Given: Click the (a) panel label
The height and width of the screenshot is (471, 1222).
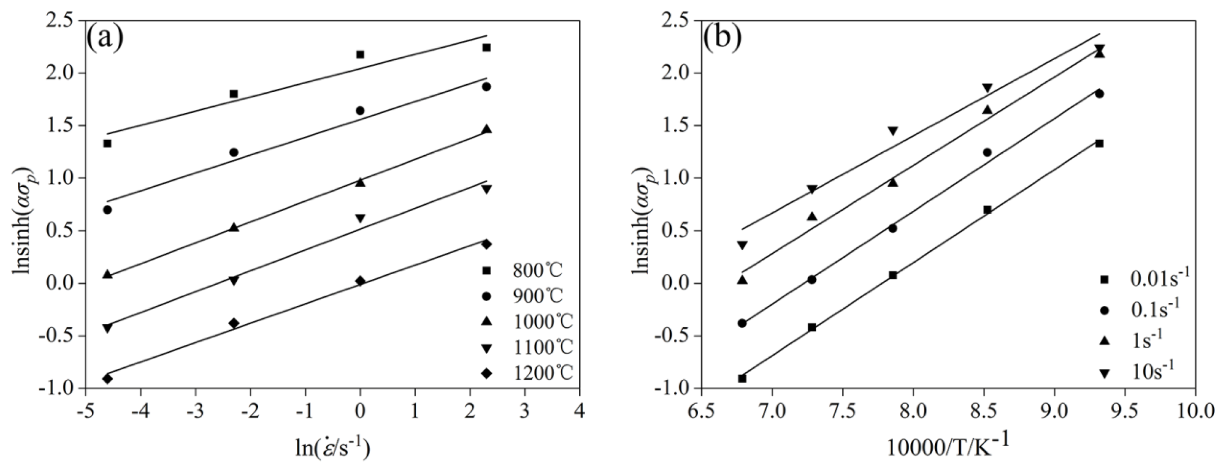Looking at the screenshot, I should pyautogui.click(x=105, y=39).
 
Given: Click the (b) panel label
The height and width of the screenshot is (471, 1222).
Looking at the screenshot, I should pyautogui.click(x=722, y=39).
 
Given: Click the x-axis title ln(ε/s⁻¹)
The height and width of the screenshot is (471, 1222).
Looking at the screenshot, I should pyautogui.click(x=332, y=447).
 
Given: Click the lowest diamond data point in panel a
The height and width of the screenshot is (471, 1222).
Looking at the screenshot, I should pyautogui.click(x=108, y=378).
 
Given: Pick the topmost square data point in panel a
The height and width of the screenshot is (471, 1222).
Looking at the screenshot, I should pyautogui.click(x=486, y=47).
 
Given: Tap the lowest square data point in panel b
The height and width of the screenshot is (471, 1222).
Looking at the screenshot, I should pyautogui.click(x=742, y=378).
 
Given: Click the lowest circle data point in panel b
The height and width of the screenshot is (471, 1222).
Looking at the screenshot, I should pyautogui.click(x=742, y=323).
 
